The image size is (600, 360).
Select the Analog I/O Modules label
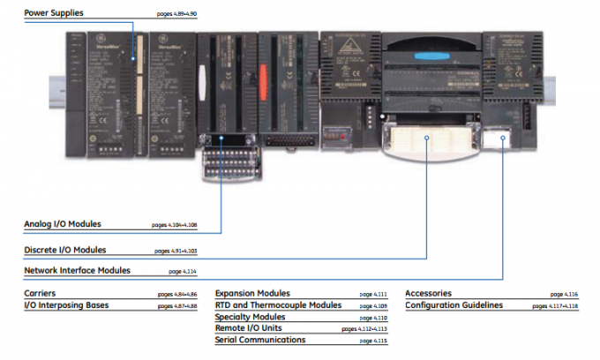(x=63, y=224)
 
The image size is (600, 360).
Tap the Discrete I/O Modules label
(x=65, y=250)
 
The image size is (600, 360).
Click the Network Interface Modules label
(x=77, y=270)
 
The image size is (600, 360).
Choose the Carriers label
(x=41, y=293)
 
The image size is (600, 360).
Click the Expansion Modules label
(x=252, y=293)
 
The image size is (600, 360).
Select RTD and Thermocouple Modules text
(x=278, y=304)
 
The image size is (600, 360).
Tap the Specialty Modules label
(x=250, y=316)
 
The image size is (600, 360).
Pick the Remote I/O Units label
(x=249, y=327)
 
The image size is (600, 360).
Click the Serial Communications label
(x=260, y=339)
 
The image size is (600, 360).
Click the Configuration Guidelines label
(x=454, y=304)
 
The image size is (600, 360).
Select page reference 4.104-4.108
(x=176, y=225)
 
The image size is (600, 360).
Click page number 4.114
(x=182, y=272)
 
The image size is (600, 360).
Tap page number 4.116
(x=564, y=294)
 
